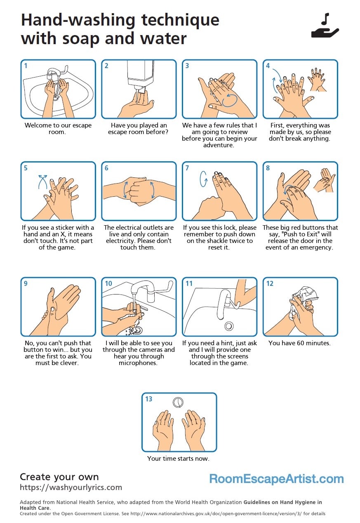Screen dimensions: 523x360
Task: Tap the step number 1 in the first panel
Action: click(26, 66)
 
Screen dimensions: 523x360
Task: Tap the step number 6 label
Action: click(106, 168)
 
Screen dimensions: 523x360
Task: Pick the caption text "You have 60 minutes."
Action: click(299, 343)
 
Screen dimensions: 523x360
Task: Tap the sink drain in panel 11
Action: click(228, 326)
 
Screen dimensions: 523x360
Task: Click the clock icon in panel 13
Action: click(178, 402)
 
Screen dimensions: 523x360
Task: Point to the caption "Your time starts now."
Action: click(178, 458)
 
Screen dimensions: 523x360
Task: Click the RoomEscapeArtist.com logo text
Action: click(276, 479)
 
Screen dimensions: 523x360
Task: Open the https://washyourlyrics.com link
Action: click(71, 488)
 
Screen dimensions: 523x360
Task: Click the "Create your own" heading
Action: click(59, 477)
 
